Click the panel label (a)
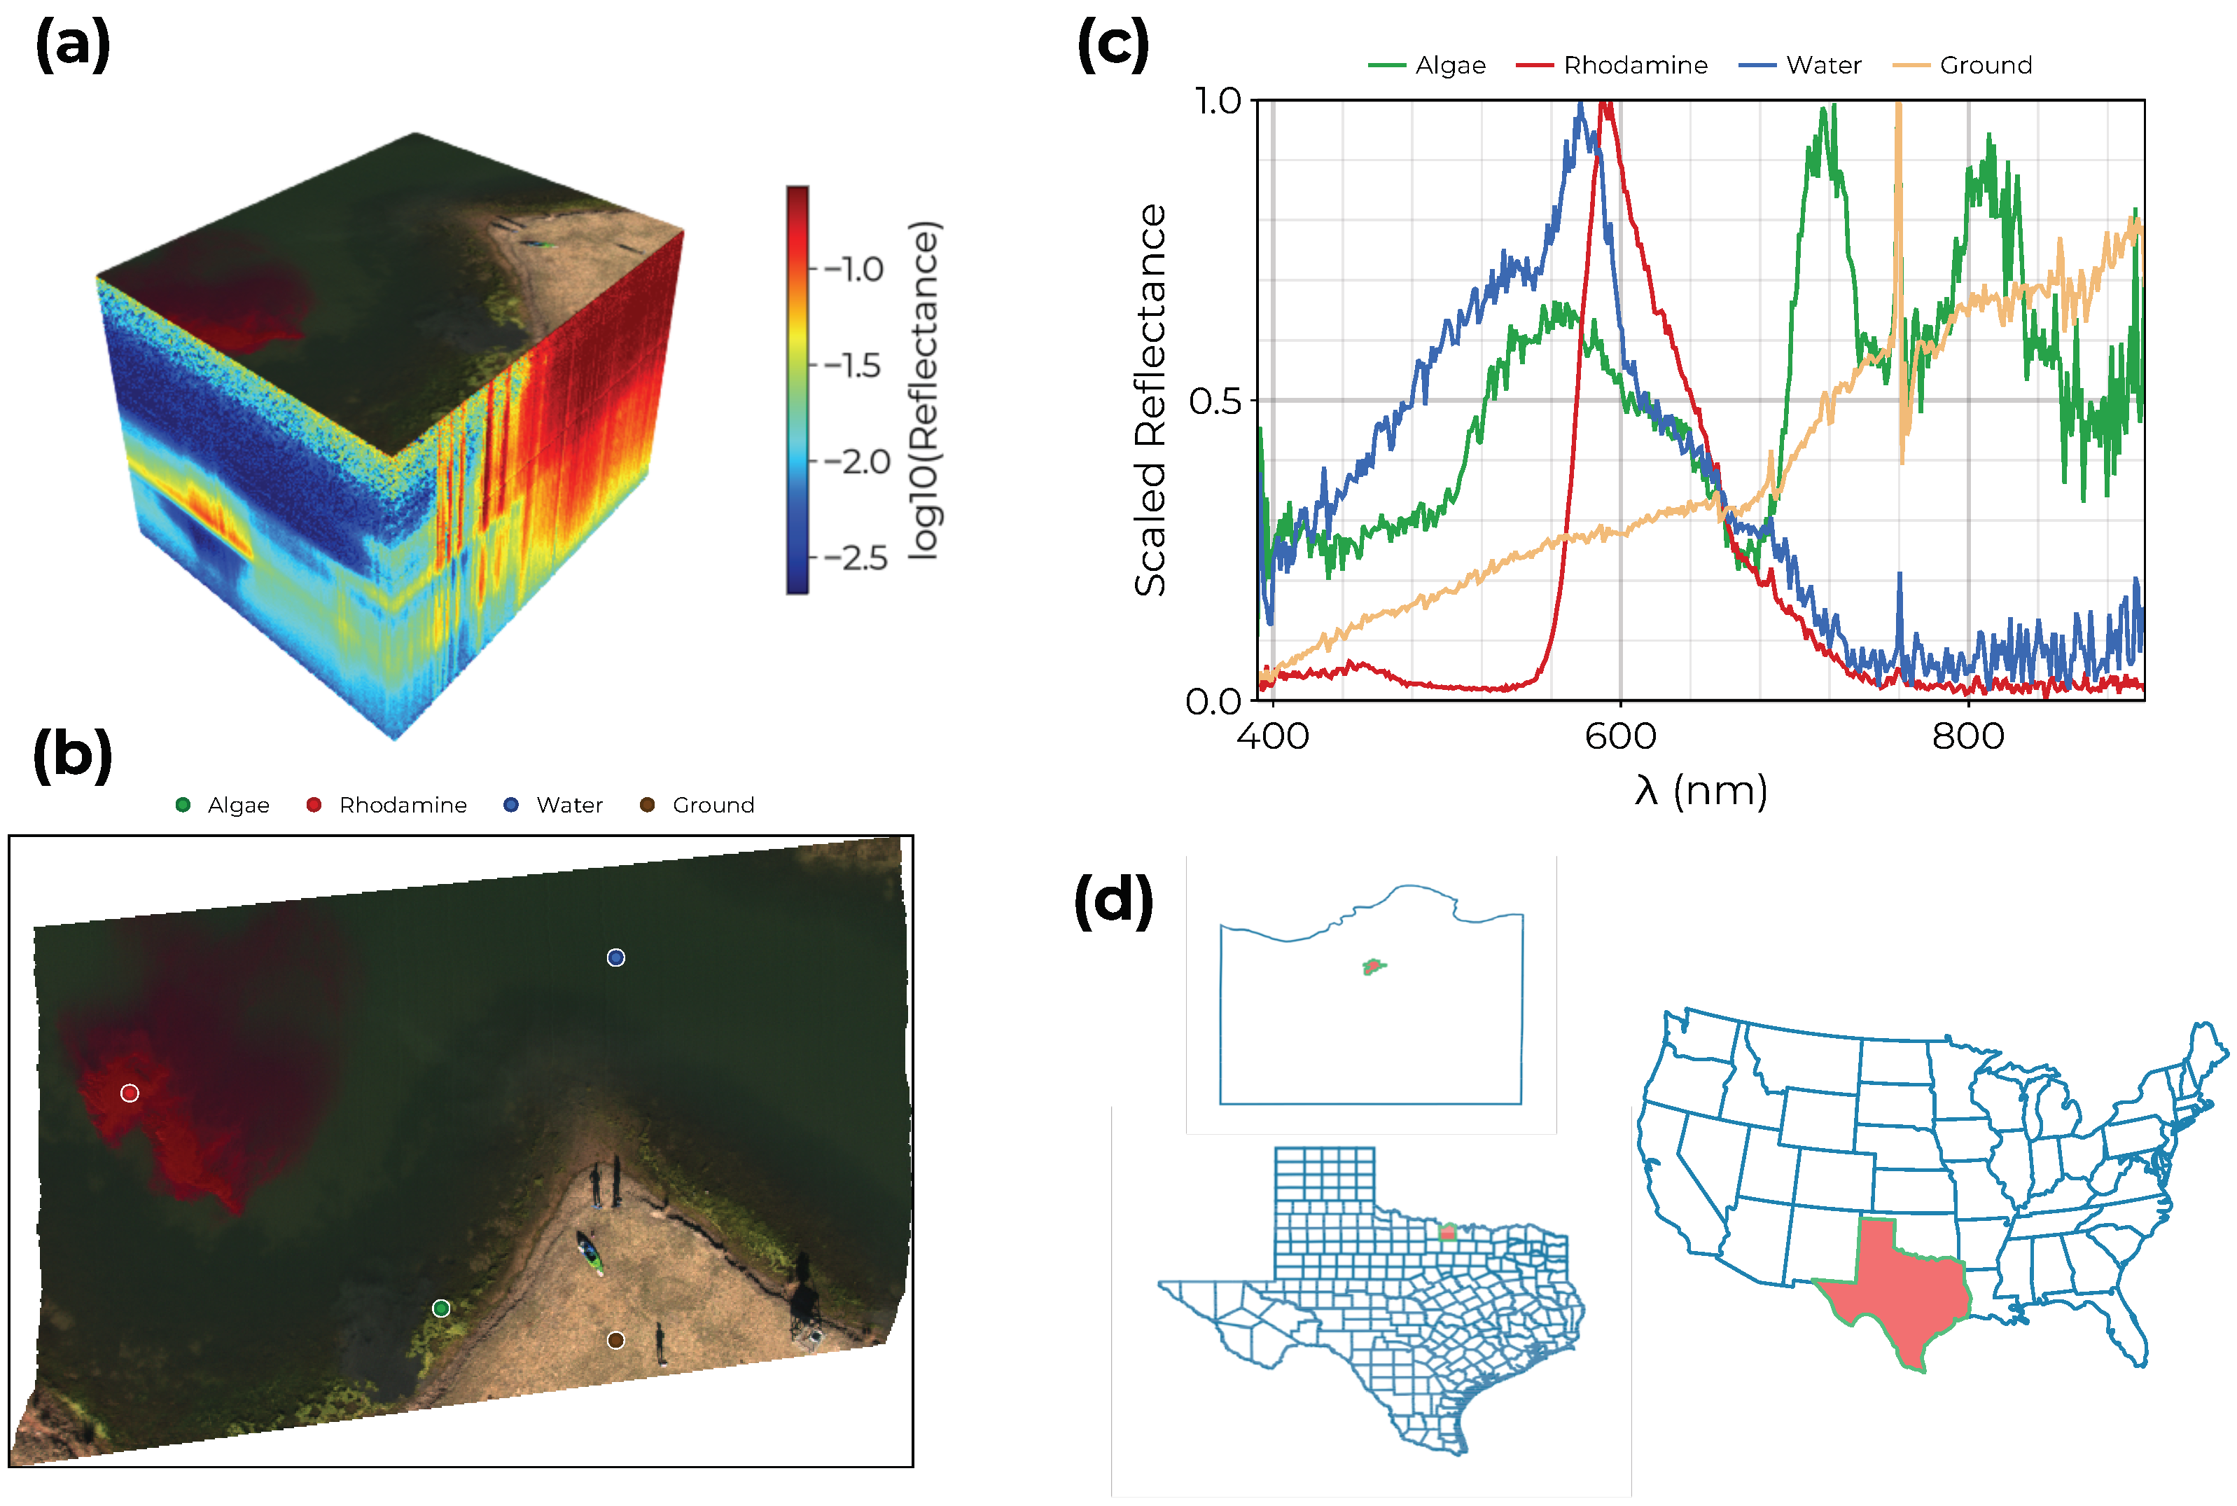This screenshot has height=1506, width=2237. coord(72,45)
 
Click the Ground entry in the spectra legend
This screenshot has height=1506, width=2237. coord(1984,65)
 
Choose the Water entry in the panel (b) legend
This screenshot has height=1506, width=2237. coord(569,805)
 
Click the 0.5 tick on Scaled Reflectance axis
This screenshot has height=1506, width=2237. coord(1215,401)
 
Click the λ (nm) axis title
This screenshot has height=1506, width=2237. coord(1700,790)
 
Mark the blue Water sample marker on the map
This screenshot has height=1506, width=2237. coord(615,958)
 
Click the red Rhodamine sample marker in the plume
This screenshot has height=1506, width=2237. coord(130,1093)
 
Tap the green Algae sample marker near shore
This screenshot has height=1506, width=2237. coord(440,1308)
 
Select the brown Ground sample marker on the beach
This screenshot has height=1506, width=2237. coord(615,1340)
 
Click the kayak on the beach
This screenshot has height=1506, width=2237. coord(590,1252)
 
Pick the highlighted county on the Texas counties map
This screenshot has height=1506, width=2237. coord(1448,1231)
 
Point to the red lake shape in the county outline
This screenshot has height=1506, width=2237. coord(1373,966)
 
